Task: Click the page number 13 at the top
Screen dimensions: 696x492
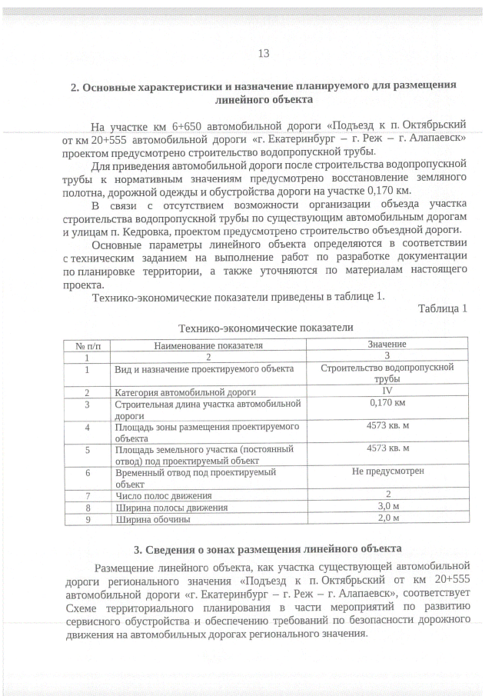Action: click(263, 53)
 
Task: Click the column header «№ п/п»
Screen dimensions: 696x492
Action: click(88, 345)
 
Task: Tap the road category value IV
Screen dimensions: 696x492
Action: click(387, 391)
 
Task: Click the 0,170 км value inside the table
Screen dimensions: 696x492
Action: click(387, 402)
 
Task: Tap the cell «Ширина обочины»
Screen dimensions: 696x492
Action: click(153, 519)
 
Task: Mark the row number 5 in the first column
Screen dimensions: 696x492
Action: click(88, 448)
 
